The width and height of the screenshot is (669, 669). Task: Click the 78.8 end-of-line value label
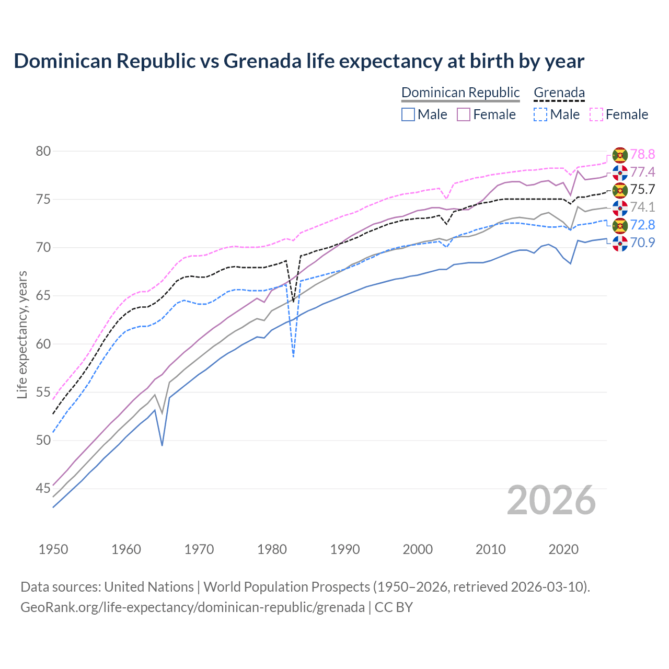(x=642, y=154)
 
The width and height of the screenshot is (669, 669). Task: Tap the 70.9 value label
(x=642, y=243)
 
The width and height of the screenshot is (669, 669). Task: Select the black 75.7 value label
(x=642, y=189)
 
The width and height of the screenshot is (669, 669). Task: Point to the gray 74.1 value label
(x=642, y=207)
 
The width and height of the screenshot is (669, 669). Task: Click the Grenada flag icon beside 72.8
(x=620, y=225)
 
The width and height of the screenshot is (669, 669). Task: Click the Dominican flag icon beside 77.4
(x=620, y=172)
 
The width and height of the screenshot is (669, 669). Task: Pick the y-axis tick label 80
(x=43, y=152)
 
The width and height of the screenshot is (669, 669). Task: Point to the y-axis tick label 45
(x=43, y=489)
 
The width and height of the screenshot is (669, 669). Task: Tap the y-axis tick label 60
(x=43, y=344)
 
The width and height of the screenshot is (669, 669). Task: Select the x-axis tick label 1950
(x=53, y=549)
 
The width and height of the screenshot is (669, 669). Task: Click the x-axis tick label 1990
(x=345, y=549)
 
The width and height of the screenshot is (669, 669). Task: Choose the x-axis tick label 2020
(x=563, y=549)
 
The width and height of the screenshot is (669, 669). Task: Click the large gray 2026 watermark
(x=551, y=500)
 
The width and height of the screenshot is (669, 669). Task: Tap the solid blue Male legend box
(x=408, y=114)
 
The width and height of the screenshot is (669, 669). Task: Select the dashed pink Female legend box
(x=596, y=114)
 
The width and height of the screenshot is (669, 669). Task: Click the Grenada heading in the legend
(x=559, y=93)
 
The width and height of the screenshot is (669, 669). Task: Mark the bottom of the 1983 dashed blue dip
(x=294, y=357)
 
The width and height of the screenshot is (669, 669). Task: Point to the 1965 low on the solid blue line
(x=162, y=445)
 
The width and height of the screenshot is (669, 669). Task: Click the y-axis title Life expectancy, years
(x=22, y=334)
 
